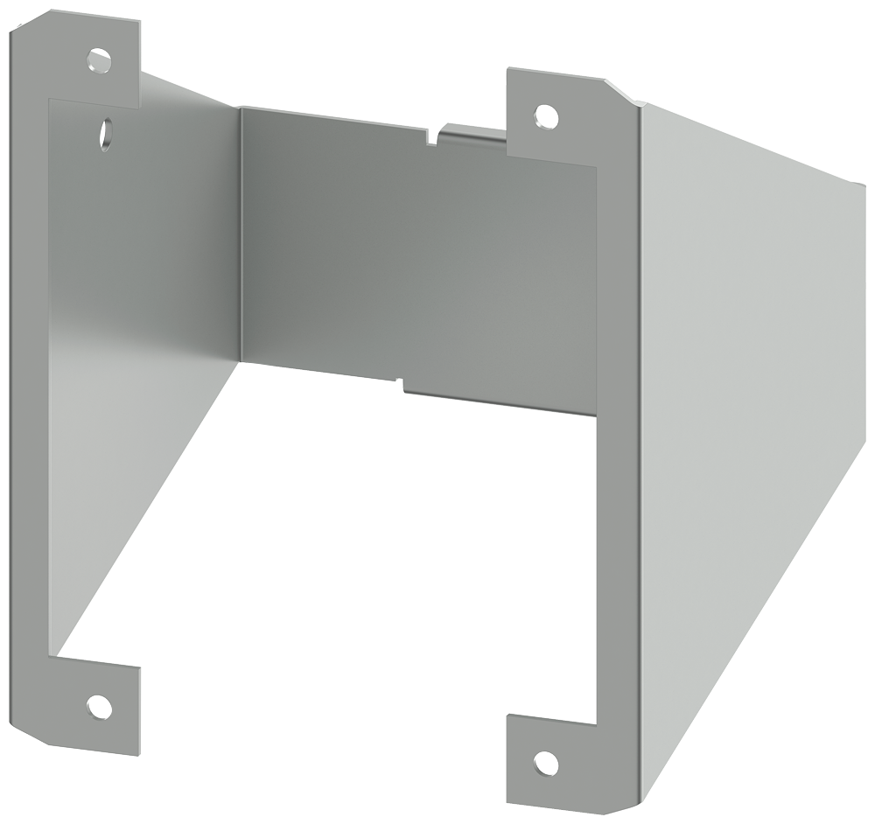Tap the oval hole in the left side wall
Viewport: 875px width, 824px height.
pos(105,133)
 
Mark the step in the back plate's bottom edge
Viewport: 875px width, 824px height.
pos(402,382)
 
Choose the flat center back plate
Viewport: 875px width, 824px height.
pos(411,254)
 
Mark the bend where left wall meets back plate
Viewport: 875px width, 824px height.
pos(240,236)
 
